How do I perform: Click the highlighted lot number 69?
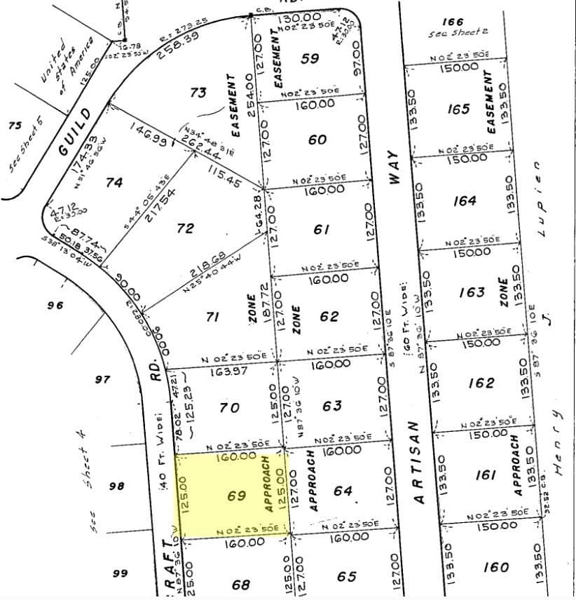click(236, 496)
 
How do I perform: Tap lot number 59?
click(310, 58)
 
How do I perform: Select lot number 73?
click(198, 92)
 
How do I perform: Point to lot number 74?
click(114, 182)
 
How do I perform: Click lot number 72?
click(185, 228)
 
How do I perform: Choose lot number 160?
click(496, 566)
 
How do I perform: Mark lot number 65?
click(346, 576)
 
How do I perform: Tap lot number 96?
click(55, 305)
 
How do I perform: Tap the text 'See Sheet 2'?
click(458, 32)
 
